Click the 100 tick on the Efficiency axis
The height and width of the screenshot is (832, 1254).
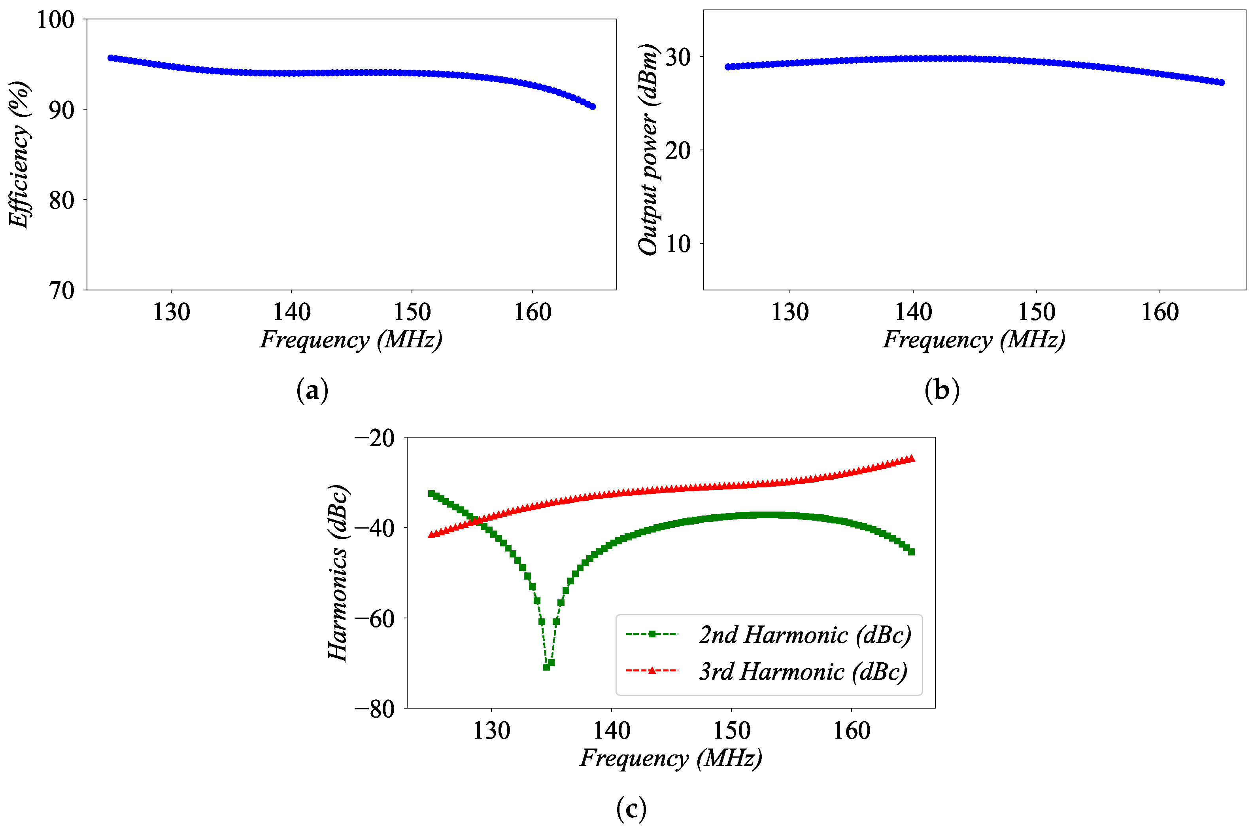55,20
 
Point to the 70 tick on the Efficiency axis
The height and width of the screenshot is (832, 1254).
62,291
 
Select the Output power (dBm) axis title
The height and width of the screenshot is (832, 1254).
648,150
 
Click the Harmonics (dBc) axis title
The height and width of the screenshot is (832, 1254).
337,573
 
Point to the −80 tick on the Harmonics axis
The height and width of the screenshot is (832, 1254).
374,709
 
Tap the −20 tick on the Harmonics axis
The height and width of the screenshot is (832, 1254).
374,438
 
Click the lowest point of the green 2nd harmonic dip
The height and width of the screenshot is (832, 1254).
546,667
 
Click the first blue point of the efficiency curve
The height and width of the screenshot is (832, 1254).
111,58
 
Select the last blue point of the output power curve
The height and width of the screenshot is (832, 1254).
1222,83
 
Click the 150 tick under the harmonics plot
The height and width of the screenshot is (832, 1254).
731,731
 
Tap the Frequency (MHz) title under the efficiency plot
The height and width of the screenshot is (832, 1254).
351,339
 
